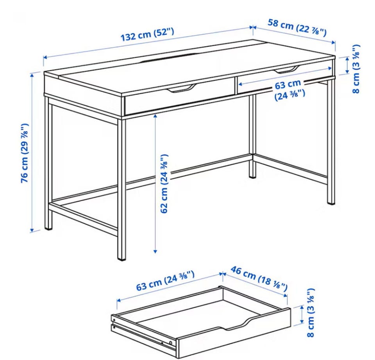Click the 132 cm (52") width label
pyautogui.click(x=147, y=34)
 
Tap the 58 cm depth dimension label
pyautogui.click(x=297, y=28)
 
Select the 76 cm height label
pyautogui.click(x=25, y=153)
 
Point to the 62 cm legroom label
pyautogui.click(x=164, y=184)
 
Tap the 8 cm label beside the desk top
pyautogui.click(x=356, y=69)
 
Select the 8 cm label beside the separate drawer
pyautogui.click(x=311, y=312)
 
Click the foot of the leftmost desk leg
pyautogui.click(x=48, y=227)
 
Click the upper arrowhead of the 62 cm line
pyautogui.click(x=155, y=116)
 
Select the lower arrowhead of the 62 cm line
pyautogui.click(x=155, y=251)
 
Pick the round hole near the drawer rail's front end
pyautogui.click(x=171, y=343)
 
